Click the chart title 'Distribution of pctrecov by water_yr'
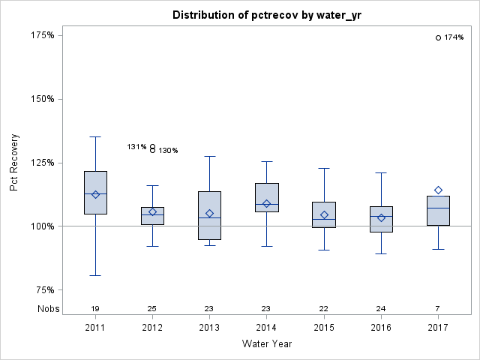pyautogui.click(x=266, y=15)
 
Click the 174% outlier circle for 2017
pyautogui.click(x=438, y=37)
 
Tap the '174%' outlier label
pyautogui.click(x=454, y=37)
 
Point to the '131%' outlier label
pyautogui.click(x=136, y=147)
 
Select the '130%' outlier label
pyautogui.click(x=168, y=151)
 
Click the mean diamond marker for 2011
pyautogui.click(x=95, y=194)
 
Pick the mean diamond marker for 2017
pyautogui.click(x=438, y=190)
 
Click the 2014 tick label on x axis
pyautogui.click(x=266, y=328)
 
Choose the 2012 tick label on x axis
pyautogui.click(x=152, y=328)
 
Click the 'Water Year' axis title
pyautogui.click(x=266, y=344)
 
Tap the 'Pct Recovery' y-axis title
pyautogui.click(x=14, y=163)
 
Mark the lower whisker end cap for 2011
pyautogui.click(x=95, y=275)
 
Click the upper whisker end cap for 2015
pyautogui.click(x=324, y=168)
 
